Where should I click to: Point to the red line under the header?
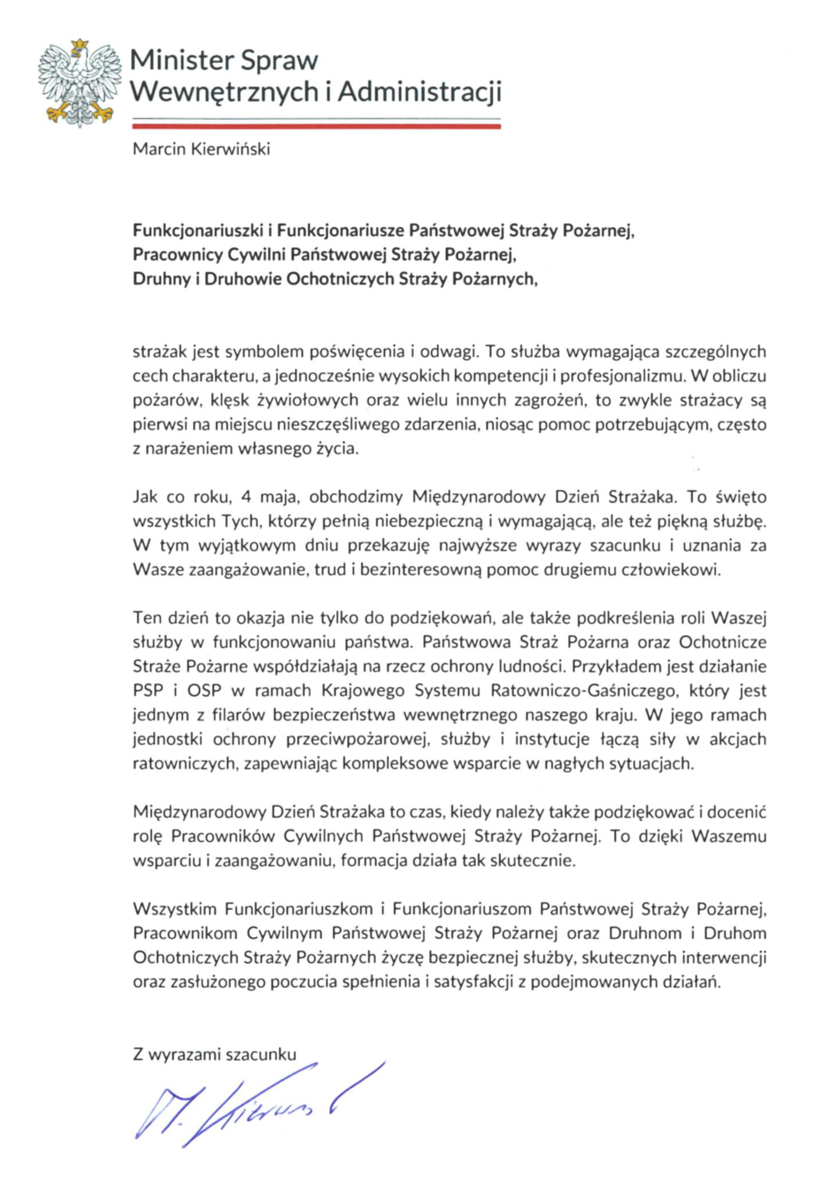[316, 126]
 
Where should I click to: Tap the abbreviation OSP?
[204, 691]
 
